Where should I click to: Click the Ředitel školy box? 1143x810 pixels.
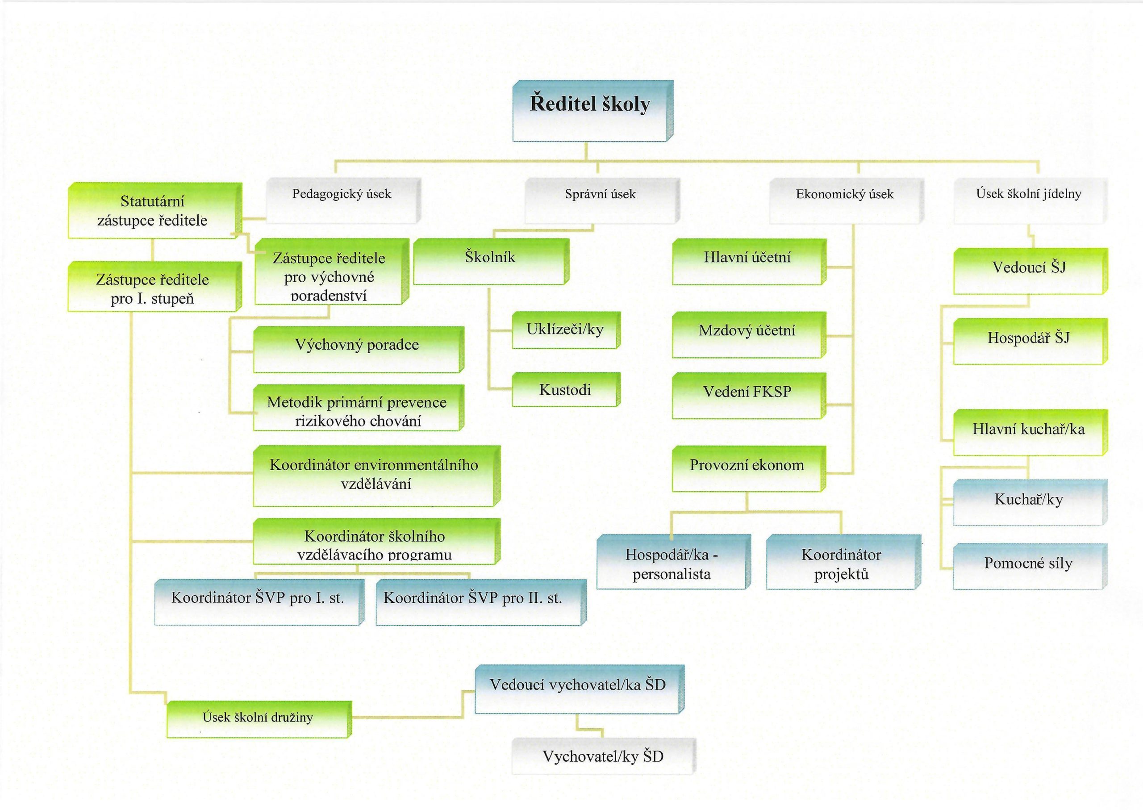(592, 111)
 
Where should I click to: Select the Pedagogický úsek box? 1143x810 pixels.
(342, 200)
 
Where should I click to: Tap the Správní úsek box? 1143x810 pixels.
(601, 200)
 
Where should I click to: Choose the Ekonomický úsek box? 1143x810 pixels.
(845, 200)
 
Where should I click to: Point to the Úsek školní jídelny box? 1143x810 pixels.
(1029, 200)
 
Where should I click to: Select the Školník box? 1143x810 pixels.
(490, 262)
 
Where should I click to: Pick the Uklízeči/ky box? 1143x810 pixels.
(565, 330)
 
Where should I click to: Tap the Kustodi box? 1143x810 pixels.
(565, 389)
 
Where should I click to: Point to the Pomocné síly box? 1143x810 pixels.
(1028, 567)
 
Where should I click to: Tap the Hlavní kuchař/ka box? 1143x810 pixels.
(1028, 432)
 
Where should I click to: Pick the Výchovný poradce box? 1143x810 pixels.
(357, 349)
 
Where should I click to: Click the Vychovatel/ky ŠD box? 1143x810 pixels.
(603, 756)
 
